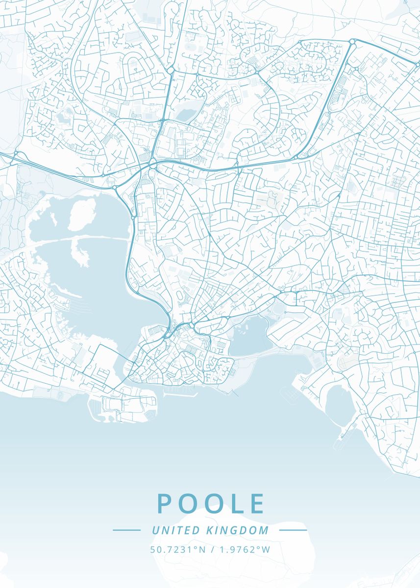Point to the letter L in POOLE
click(238, 503)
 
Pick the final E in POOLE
click(257, 503)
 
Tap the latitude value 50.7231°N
click(178, 549)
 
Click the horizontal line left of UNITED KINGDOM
click(126, 530)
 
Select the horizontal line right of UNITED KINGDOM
click(293, 530)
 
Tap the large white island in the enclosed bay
click(81, 214)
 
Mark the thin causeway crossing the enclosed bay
click(83, 239)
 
